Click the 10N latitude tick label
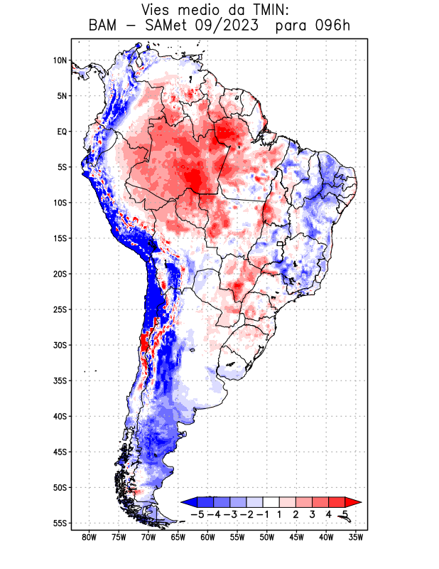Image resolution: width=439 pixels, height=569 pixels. point(60,60)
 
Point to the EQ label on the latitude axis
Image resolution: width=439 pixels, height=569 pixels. point(62,132)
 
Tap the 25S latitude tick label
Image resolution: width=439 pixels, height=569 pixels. point(60,309)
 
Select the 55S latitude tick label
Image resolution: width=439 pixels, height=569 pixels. point(60,523)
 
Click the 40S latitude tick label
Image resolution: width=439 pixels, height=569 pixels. point(60,416)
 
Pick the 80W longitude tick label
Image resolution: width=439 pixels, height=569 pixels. point(90,537)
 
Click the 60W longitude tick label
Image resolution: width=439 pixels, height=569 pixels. point(208,537)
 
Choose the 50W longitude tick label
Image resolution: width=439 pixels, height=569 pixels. point(267,537)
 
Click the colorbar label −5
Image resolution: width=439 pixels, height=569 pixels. point(197,514)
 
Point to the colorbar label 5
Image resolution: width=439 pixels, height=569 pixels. point(345,514)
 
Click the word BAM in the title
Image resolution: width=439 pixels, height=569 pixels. point(103,26)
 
